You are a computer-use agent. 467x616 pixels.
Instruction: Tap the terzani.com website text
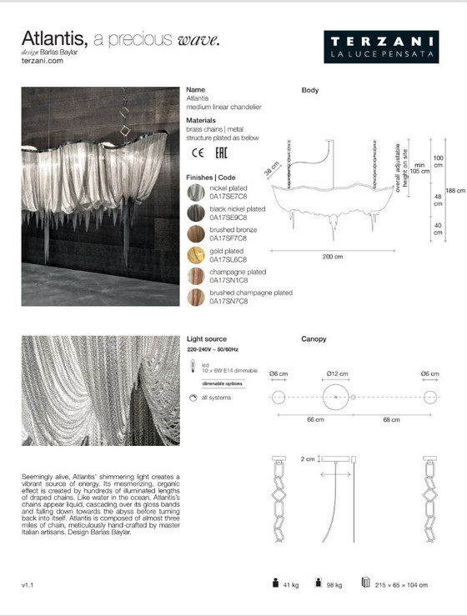41,61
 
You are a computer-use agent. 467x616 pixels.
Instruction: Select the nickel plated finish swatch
196,193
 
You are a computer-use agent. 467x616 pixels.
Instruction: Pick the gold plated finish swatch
196,256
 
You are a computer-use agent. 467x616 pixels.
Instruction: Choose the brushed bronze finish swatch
196,235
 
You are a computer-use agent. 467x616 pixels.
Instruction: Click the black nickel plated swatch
196,214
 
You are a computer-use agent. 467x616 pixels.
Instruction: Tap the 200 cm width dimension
333,257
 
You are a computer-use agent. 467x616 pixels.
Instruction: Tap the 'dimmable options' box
223,383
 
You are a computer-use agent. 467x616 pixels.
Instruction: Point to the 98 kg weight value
334,586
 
